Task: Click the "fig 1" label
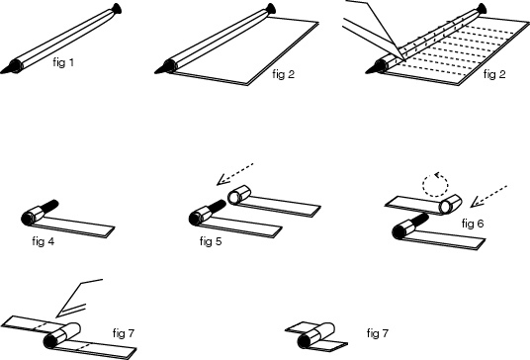pos(63,62)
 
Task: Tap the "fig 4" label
pos(44,241)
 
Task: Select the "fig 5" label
pos(211,241)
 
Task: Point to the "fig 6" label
pos(473,224)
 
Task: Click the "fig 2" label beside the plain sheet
pos(283,74)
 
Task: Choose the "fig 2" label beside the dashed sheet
pos(494,74)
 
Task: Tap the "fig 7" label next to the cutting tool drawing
pos(124,333)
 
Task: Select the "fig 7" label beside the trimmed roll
pos(378,333)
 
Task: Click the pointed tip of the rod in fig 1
pos(1,72)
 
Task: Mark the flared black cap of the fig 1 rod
pos(117,9)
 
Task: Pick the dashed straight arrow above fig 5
pos(234,173)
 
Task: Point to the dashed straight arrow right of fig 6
pos(488,196)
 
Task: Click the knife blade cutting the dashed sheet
pos(375,31)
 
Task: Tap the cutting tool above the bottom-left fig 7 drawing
pos(78,299)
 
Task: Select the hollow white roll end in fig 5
pos(234,198)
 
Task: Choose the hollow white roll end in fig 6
pos(445,207)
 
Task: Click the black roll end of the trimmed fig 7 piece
pos(304,341)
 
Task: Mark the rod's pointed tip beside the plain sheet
pos(156,72)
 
